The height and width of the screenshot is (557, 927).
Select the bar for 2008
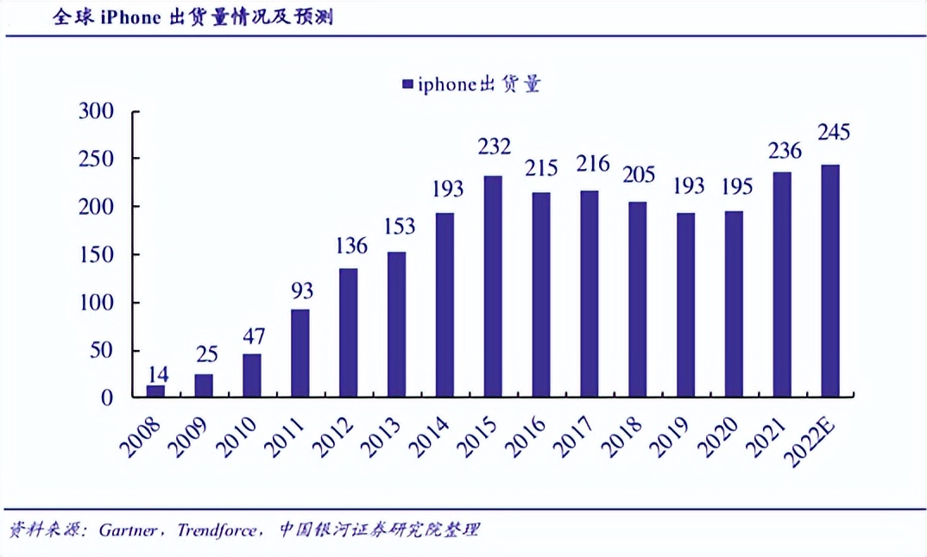[155, 391]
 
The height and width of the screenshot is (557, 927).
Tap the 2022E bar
[830, 281]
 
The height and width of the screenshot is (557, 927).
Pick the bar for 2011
[300, 354]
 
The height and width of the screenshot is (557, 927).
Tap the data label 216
[591, 164]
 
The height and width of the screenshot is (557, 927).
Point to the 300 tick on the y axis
[96, 111]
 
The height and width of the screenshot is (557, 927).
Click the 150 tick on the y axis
[96, 255]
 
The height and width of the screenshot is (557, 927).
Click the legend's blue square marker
[407, 84]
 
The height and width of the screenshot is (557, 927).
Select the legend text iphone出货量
[479, 84]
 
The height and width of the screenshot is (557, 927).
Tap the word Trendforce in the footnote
[216, 530]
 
